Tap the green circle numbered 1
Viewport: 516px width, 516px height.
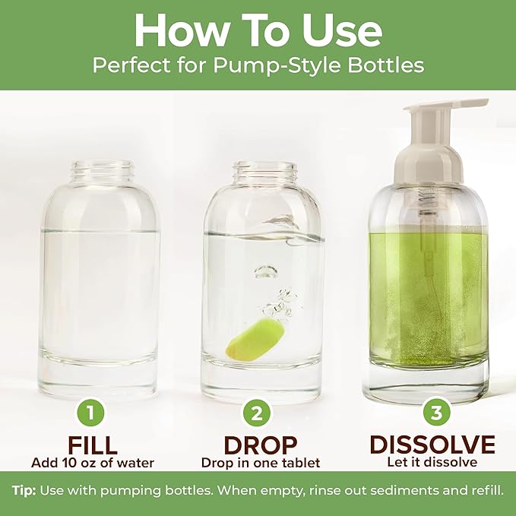click(x=90, y=414)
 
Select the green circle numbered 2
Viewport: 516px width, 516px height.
click(x=257, y=414)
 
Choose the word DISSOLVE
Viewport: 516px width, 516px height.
click(x=432, y=445)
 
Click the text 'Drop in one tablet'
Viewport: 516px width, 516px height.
click(x=261, y=462)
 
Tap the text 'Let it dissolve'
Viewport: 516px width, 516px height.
click(x=432, y=462)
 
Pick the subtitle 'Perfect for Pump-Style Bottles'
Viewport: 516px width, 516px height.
click(x=258, y=65)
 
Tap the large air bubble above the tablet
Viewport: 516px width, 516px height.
click(x=265, y=271)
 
